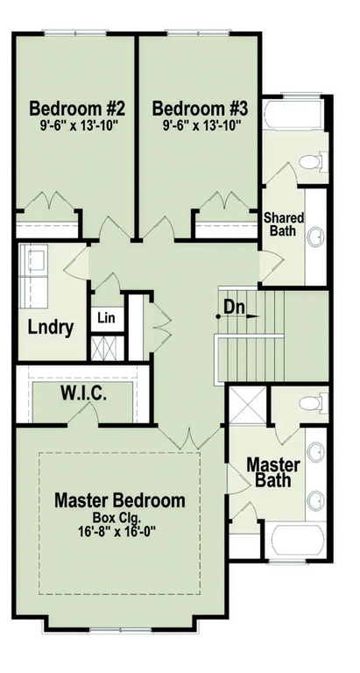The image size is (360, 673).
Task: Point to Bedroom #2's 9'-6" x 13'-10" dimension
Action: click(x=78, y=126)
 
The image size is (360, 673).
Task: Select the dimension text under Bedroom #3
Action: click(x=201, y=126)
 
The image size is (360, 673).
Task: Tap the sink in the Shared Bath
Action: click(x=314, y=237)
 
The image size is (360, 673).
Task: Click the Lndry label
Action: click(x=49, y=329)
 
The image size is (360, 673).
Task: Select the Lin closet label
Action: click(x=107, y=317)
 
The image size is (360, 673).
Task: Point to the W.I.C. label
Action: click(x=84, y=395)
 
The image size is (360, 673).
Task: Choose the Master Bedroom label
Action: click(x=120, y=500)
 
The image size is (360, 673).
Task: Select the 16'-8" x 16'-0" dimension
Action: click(x=120, y=532)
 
